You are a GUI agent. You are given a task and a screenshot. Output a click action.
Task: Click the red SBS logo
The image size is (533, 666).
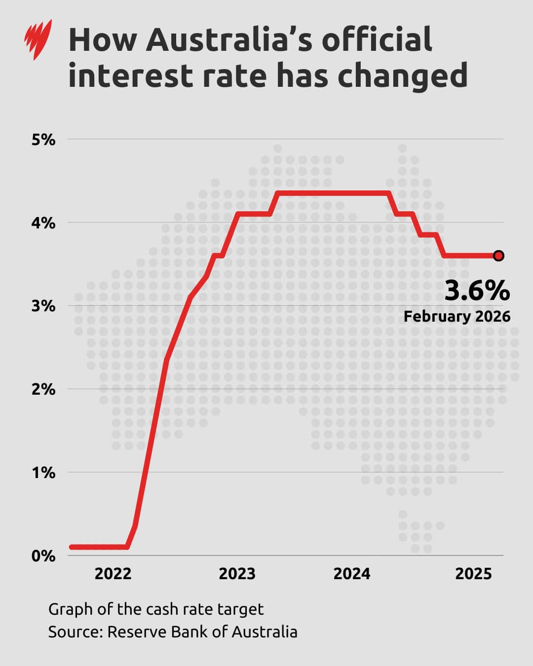38,39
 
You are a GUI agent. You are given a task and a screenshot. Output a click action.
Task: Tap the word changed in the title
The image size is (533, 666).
403,76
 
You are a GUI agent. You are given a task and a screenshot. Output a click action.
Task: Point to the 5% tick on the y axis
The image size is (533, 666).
43,140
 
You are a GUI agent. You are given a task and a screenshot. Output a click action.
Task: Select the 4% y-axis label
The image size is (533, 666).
43,223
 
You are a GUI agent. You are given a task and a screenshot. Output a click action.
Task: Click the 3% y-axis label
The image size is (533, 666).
43,306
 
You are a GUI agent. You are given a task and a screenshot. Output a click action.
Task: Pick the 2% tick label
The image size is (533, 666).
43,389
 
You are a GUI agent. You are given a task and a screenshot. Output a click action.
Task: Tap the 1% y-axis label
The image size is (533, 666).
43,473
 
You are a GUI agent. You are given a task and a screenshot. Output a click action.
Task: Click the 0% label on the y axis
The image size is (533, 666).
43,556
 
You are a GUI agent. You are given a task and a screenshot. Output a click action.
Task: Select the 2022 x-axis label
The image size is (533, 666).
113,574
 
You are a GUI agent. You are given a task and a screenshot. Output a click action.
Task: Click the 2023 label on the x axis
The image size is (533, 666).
237,574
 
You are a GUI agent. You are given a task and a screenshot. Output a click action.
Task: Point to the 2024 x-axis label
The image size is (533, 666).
351,574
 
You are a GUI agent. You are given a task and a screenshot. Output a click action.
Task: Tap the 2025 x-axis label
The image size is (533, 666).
473,574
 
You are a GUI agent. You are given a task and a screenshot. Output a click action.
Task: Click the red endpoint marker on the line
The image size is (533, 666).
498,256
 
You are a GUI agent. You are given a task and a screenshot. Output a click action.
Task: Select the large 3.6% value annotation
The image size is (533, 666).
477,291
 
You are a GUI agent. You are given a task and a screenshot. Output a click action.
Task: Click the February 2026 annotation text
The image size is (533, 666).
457,316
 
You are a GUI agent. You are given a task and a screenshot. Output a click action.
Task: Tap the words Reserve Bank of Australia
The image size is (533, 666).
202,631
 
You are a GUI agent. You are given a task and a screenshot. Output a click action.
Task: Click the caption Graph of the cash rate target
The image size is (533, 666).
156,609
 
